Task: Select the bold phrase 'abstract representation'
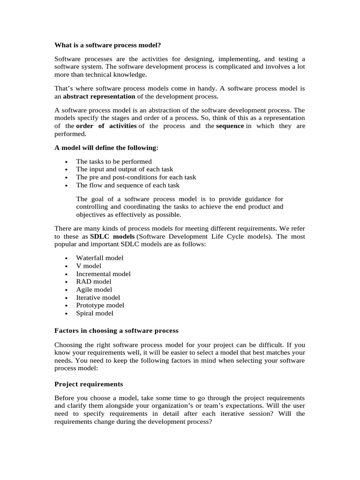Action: tap(99, 96)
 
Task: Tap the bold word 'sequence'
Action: tap(230, 126)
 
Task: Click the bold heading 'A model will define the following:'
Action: tap(106, 148)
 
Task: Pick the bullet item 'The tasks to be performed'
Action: tap(114, 161)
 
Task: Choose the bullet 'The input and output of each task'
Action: tap(124, 169)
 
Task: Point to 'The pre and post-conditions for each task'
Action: tap(136, 177)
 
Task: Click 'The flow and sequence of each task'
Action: tap(127, 185)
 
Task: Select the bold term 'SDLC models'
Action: tap(112, 237)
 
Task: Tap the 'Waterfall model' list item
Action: tap(100, 258)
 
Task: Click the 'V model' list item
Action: tap(89, 266)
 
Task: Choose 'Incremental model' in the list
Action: tap(103, 274)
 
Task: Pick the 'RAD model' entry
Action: tap(94, 282)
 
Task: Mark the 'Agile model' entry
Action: tap(94, 290)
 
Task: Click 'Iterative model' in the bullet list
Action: tap(98, 298)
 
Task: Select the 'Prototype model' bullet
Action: tap(100, 305)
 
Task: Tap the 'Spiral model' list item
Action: tap(95, 313)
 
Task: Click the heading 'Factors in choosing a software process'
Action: tap(116, 331)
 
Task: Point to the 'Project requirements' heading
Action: tap(89, 384)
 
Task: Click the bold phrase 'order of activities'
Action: tap(106, 126)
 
